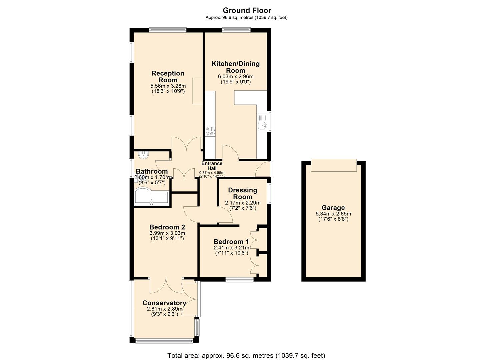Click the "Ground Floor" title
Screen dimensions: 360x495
click(x=247, y=10)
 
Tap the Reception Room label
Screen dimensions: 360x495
click(x=168, y=76)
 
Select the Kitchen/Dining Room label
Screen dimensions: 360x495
click(x=235, y=67)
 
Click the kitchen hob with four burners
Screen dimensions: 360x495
click(x=210, y=131)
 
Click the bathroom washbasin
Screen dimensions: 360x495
click(x=144, y=155)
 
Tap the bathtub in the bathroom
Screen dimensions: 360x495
click(x=152, y=198)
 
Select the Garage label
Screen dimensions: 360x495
click(x=333, y=208)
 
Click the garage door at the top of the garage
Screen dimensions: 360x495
click(x=334, y=165)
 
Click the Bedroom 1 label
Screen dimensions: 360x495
click(x=231, y=242)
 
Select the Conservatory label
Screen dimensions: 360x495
click(x=164, y=303)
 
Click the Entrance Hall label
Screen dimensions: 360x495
click(x=212, y=166)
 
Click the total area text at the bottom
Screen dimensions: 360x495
click(x=246, y=355)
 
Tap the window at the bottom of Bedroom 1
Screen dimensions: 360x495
click(x=239, y=280)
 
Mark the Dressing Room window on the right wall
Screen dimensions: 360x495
click(x=269, y=193)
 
